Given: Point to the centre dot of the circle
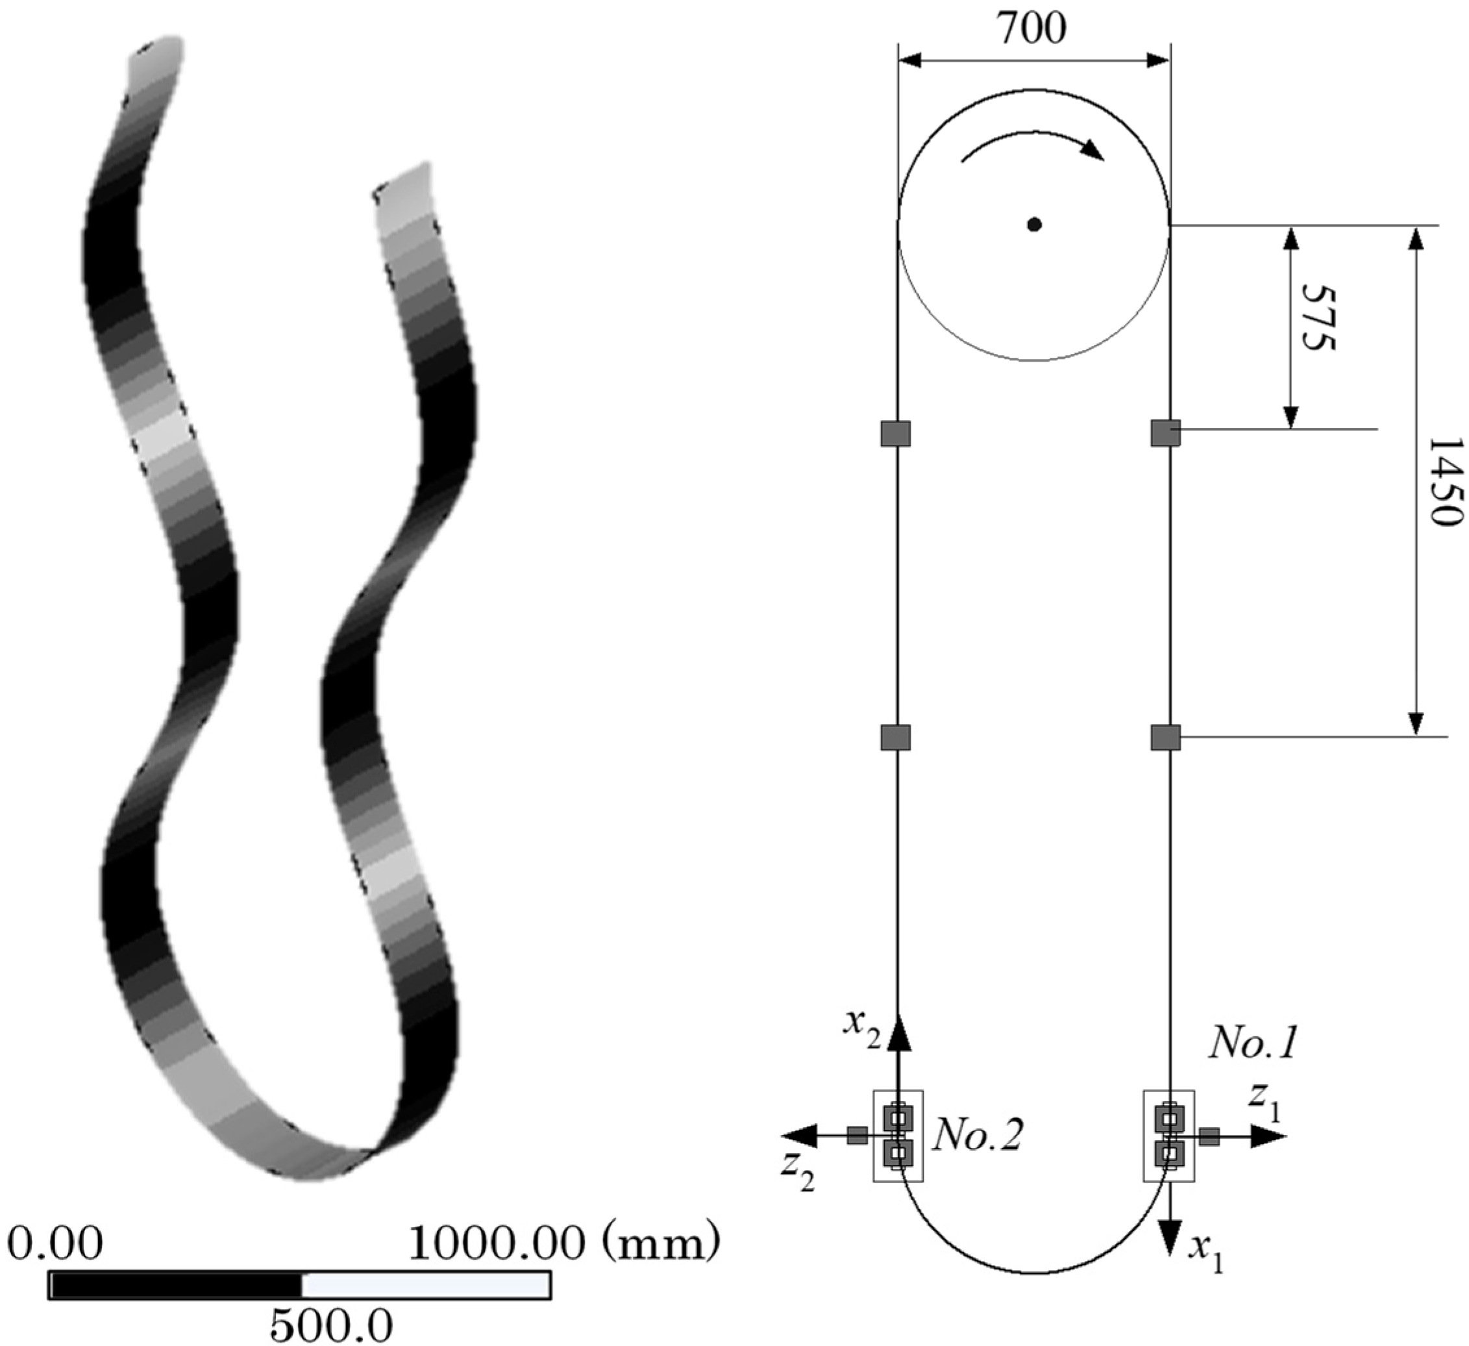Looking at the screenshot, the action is (1034, 225).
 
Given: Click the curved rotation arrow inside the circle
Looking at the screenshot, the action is (1033, 138).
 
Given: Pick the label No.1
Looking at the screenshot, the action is (1254, 1043).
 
